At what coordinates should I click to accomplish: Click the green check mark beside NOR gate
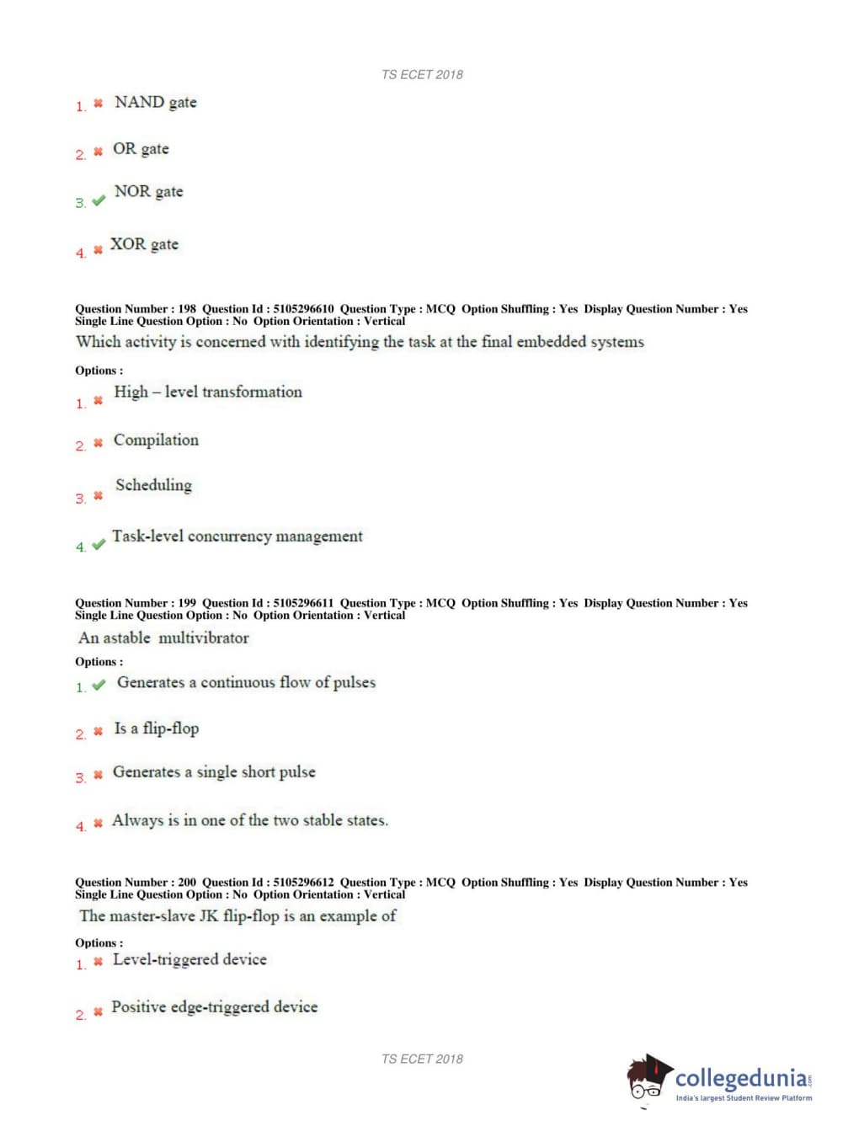point(99,200)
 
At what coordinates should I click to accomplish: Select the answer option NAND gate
point(155,102)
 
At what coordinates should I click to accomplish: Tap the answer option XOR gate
point(144,244)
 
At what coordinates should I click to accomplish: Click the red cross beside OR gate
point(98,152)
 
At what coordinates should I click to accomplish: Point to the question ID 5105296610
point(303,309)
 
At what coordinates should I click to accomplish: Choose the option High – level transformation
point(207,392)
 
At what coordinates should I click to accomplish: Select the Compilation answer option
point(156,440)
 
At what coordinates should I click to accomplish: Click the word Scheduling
point(153,485)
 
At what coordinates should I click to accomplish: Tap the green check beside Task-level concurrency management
point(99,544)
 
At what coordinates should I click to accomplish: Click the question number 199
point(187,603)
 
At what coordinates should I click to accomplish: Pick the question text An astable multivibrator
point(163,638)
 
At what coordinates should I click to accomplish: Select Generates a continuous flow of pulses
point(246,682)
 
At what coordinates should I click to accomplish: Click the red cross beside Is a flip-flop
point(98,731)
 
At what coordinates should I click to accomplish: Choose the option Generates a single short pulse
point(214,771)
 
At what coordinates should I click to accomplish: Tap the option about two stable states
point(250,820)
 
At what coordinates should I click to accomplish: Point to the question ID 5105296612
point(303,883)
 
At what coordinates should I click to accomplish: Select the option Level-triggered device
point(189,959)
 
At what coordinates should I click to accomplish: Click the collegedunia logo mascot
point(648,1077)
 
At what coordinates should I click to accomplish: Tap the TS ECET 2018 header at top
point(422,74)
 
